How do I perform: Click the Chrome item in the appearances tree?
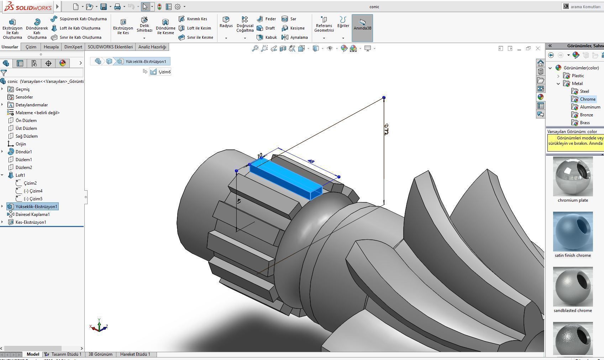pyautogui.click(x=587, y=99)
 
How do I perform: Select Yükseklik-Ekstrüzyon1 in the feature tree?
pyautogui.click(x=36, y=207)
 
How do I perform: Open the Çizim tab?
pyautogui.click(x=31, y=47)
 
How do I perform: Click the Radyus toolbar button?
pyautogui.click(x=226, y=22)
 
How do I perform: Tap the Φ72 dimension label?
pyautogui.click(x=386, y=129)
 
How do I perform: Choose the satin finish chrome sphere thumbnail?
pyautogui.click(x=573, y=232)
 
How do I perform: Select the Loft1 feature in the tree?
pyautogui.click(x=20, y=175)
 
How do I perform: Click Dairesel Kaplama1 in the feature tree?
pyautogui.click(x=32, y=215)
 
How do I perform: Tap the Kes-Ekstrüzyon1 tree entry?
pyautogui.click(x=31, y=222)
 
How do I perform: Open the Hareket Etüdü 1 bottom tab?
pyautogui.click(x=135, y=354)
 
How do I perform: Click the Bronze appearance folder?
pyautogui.click(x=586, y=115)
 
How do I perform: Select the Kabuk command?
pyautogui.click(x=271, y=37)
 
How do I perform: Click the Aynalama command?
pyautogui.click(x=298, y=37)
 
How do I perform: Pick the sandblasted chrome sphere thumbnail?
pyautogui.click(x=573, y=287)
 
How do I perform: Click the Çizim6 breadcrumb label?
pyautogui.click(x=164, y=72)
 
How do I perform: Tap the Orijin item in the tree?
pyautogui.click(x=21, y=144)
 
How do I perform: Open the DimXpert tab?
pyautogui.click(x=73, y=47)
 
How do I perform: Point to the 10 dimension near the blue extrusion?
pyautogui.click(x=259, y=156)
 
